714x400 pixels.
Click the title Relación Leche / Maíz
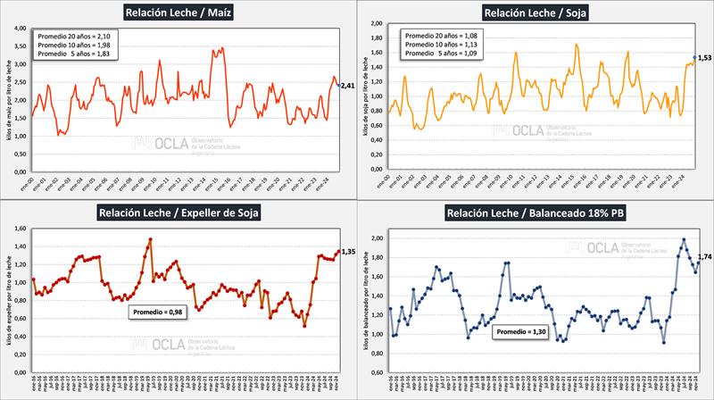(x=179, y=12)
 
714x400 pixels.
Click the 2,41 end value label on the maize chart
(x=349, y=86)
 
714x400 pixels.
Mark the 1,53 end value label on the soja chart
(x=705, y=59)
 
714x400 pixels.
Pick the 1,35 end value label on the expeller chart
(x=349, y=253)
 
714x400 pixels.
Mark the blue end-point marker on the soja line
(x=694, y=59)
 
